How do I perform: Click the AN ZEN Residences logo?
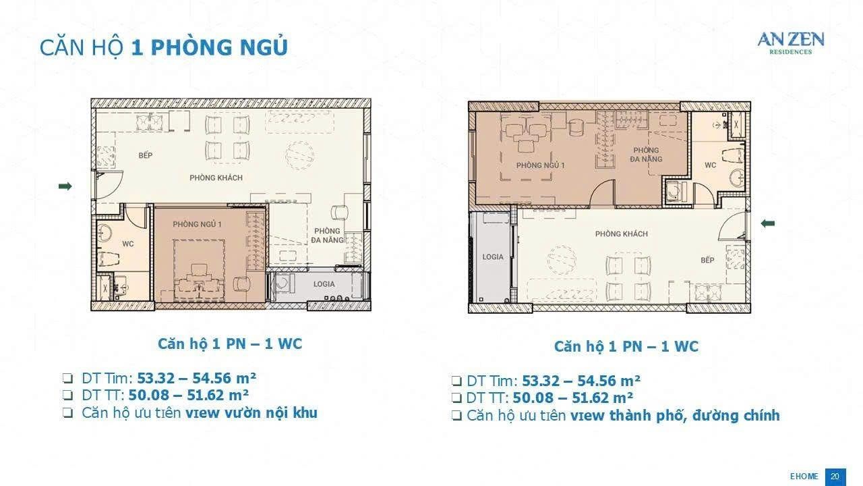(791, 43)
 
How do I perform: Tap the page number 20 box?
(835, 477)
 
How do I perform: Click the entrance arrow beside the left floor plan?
(65, 186)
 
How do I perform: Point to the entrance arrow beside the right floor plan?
(768, 223)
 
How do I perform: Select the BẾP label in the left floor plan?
(145, 155)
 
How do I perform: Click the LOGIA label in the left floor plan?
(324, 284)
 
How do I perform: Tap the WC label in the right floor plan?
(710, 165)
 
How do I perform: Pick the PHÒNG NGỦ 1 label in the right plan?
(540, 165)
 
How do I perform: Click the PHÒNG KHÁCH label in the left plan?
(216, 178)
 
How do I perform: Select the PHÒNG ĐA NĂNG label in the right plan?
(646, 155)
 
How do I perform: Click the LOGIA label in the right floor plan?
(493, 256)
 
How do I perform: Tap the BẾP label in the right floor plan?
(707, 260)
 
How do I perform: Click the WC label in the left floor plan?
(128, 244)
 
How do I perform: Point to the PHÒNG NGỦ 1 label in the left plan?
(197, 224)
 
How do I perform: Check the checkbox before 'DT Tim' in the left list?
(67, 378)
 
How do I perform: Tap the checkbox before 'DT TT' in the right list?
(456, 398)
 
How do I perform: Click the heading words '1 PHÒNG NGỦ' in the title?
(209, 47)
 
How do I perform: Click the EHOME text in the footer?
(804, 477)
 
